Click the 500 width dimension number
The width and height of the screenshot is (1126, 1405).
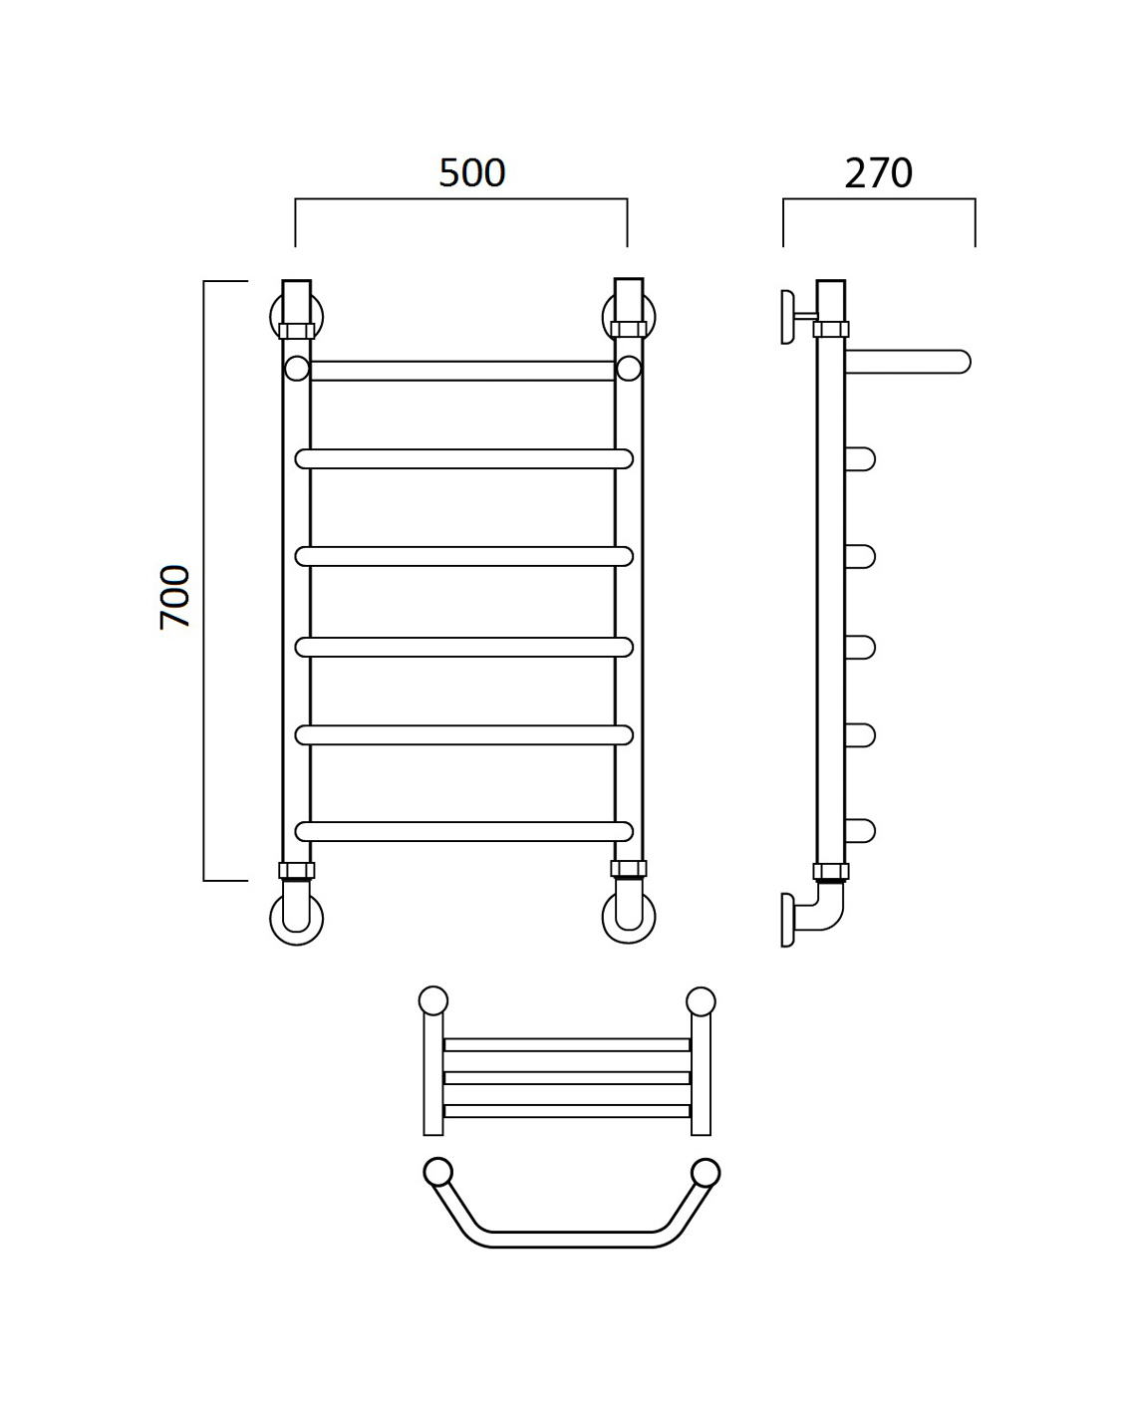tap(471, 173)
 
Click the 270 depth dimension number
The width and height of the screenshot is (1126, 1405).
tap(878, 173)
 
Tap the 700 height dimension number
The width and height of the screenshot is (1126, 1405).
tap(175, 597)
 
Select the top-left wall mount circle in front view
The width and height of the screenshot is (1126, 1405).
tap(274, 317)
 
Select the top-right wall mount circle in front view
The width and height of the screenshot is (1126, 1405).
tap(606, 317)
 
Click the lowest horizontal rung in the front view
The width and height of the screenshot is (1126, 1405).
tap(463, 831)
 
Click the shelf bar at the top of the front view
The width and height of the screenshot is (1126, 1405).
tap(462, 371)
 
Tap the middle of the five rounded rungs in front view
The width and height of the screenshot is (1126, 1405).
tap(463, 647)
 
